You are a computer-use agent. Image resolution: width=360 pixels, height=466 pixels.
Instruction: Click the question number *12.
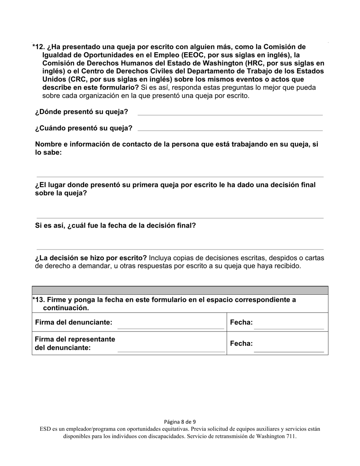pos(39,47)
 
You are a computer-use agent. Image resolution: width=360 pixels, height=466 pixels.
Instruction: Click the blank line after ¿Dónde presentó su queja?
pos(230,114)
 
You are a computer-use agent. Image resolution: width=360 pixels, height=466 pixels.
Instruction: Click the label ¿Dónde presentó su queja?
pos(81,112)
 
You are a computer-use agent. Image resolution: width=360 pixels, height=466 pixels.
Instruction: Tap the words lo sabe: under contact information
pos(48,153)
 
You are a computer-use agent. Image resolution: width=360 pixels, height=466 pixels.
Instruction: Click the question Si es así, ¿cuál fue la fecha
pos(115,226)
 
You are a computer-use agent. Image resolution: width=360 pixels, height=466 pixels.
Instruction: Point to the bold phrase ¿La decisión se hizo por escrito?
pos(91,258)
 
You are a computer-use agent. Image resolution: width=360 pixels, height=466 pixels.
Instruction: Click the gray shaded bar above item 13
pos(180,290)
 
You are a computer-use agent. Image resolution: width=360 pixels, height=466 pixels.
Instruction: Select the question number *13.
pos(39,300)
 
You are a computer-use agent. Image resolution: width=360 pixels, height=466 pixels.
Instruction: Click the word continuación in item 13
pos(65,308)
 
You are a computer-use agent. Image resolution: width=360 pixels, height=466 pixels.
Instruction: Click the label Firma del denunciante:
pos(74,322)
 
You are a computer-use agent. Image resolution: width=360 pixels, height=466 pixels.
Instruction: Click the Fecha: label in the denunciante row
pos(241,323)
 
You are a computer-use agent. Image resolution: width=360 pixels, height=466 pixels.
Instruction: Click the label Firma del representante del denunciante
pos(75,343)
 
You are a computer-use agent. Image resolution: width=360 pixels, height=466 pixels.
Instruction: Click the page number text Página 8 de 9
pos(180,422)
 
